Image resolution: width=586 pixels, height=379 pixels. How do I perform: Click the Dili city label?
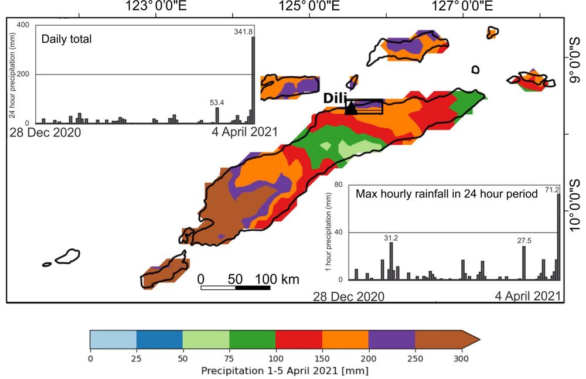point(335,98)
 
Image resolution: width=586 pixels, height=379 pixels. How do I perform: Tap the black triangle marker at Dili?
point(350,107)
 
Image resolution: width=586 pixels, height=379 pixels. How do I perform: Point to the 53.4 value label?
point(218,103)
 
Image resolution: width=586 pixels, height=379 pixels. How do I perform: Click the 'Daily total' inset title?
point(66,40)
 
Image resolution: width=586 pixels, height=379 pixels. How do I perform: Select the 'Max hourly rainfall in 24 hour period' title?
point(447,194)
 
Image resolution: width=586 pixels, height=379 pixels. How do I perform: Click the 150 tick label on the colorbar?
point(322,358)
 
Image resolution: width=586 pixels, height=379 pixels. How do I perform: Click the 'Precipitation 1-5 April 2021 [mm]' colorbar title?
point(284,371)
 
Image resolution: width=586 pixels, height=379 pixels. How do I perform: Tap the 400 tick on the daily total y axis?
point(23,25)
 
